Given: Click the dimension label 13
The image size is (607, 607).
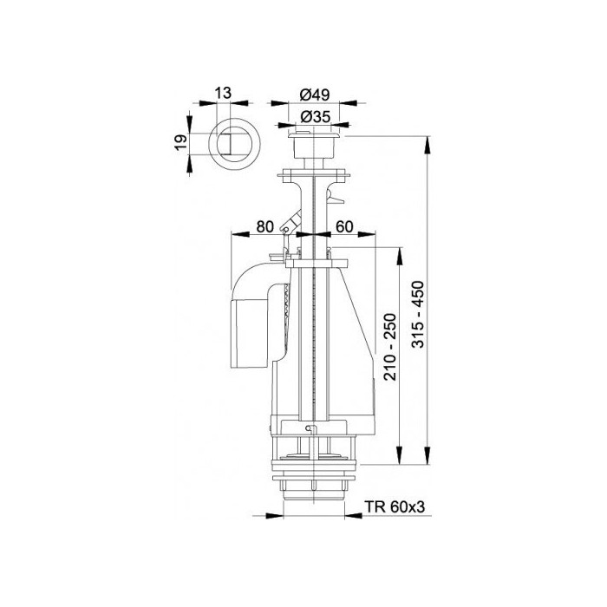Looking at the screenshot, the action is pos(224,93).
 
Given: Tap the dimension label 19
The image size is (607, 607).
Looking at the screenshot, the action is pos(181,144).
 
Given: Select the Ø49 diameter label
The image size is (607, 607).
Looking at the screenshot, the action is pos(314,95).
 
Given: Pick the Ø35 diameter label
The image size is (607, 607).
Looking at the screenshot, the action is pos(316,116).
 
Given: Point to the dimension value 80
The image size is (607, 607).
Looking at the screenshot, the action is pos(264,226).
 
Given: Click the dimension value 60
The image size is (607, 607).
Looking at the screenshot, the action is pos(344,226).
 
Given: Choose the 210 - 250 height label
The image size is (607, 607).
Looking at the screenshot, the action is pos(391,348).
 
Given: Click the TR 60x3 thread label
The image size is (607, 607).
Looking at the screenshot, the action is pos(395,506).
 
